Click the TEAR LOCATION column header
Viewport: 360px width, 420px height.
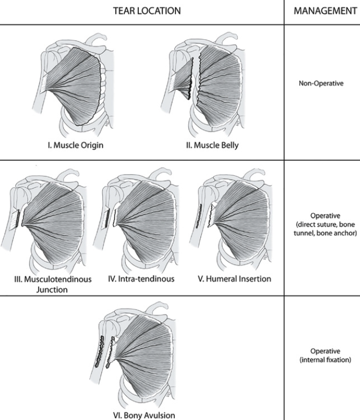pos(147,11)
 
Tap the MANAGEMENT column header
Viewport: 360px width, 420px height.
pos(325,11)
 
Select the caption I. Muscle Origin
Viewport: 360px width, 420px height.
pos(75,145)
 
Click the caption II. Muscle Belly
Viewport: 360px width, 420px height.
pos(213,145)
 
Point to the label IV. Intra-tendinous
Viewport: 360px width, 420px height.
pos(142,279)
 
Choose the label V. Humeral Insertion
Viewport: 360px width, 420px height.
pos(235,279)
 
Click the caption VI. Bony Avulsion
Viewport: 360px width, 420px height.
pos(144,415)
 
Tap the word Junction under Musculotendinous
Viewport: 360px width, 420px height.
pos(52,289)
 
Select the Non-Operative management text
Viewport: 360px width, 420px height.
pos(321,83)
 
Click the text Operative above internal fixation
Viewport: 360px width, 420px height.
pos(325,351)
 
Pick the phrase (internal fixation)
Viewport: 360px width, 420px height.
pos(325,360)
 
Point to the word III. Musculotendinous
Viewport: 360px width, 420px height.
pos(53,279)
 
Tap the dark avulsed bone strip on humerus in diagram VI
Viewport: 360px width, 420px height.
pos(99,351)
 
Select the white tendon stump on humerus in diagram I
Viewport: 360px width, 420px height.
pos(44,83)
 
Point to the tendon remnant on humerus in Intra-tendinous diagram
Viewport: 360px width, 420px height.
pos(107,218)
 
